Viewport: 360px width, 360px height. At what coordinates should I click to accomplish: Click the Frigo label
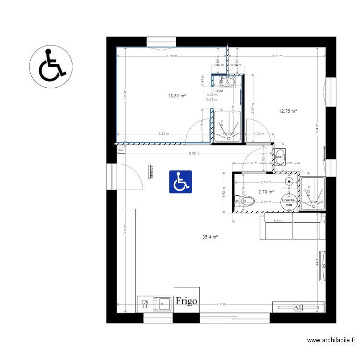pyautogui.click(x=186, y=301)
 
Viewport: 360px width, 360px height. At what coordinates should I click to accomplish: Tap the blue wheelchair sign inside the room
pyautogui.click(x=180, y=182)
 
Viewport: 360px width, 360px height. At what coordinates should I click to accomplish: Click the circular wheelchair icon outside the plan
pyautogui.click(x=51, y=65)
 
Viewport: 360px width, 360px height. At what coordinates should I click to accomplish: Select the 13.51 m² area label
pyautogui.click(x=177, y=96)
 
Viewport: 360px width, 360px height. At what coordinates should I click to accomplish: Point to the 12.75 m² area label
pyautogui.click(x=288, y=111)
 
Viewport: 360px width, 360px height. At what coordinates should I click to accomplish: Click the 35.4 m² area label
pyautogui.click(x=210, y=237)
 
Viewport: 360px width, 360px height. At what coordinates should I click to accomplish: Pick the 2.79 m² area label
pyautogui.click(x=266, y=192)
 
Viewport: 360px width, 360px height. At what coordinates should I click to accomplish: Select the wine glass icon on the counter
pyautogui.click(x=144, y=303)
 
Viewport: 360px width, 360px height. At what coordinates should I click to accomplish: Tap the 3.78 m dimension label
pyautogui.click(x=171, y=56)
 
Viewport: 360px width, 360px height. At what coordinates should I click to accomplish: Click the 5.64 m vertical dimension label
pyautogui.click(x=317, y=130)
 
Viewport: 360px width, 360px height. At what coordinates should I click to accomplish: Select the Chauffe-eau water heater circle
pyautogui.click(x=288, y=202)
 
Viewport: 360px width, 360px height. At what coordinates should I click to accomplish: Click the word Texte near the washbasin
pyautogui.click(x=219, y=91)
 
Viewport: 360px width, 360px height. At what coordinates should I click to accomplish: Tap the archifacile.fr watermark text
pyautogui.click(x=331, y=340)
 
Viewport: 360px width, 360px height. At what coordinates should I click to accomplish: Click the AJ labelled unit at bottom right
pyautogui.click(x=298, y=307)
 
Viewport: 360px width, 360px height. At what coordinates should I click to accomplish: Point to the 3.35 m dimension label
pyautogui.click(x=276, y=56)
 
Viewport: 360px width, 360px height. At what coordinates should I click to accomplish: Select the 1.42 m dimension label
pyautogui.click(x=223, y=194)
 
